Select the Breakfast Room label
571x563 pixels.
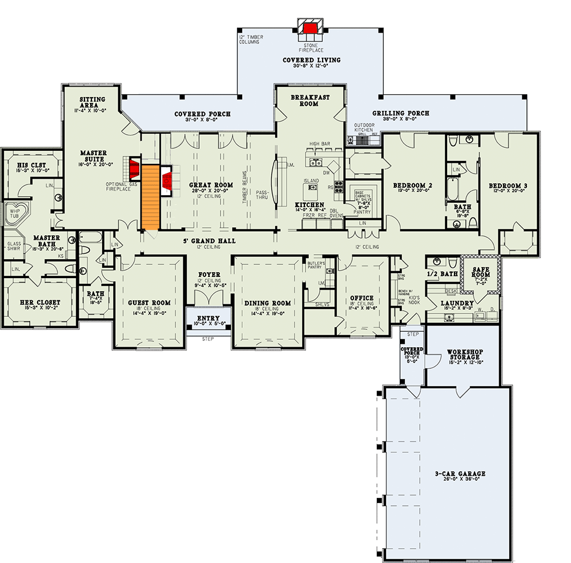[x=311, y=100]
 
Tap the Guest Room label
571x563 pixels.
[x=149, y=303]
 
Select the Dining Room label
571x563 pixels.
[x=267, y=303]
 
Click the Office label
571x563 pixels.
[x=362, y=298]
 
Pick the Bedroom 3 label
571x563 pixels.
[x=508, y=185]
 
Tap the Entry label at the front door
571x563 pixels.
[x=208, y=318]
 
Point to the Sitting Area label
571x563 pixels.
[x=92, y=102]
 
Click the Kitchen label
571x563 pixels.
[x=309, y=204]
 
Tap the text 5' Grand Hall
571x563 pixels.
[x=210, y=241]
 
